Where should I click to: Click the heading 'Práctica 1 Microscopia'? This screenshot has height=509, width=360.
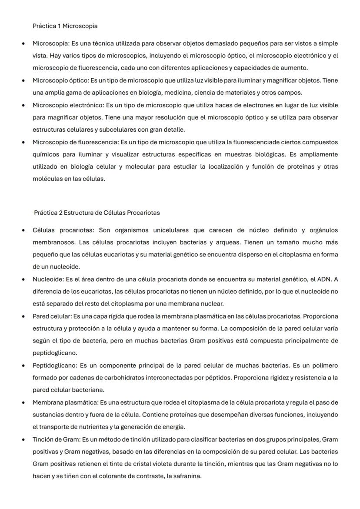point(65,26)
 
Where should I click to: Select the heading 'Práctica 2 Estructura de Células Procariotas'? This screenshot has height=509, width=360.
point(97,213)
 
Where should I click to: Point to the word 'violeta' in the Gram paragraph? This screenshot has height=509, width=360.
point(179,464)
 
